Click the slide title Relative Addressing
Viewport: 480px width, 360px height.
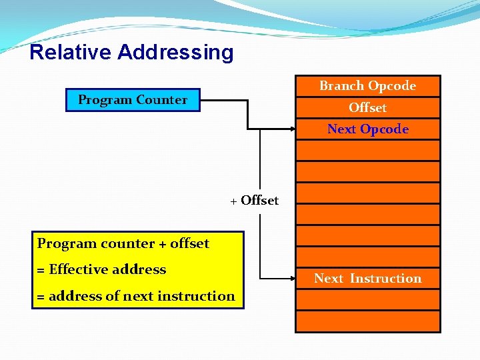pos(131,52)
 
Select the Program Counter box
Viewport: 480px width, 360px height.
pos(133,100)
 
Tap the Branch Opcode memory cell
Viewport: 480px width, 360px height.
pos(367,86)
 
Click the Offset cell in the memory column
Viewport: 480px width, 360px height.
pos(367,108)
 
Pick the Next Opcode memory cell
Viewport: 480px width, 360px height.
pos(367,129)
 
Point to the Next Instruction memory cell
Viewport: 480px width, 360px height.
pos(367,279)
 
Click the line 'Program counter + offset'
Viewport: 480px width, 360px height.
pos(123,244)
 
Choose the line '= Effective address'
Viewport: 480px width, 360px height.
pos(101,270)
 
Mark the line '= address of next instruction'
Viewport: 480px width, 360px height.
pos(136,296)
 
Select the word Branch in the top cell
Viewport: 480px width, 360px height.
pos(341,86)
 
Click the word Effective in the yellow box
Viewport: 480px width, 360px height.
pos(73,270)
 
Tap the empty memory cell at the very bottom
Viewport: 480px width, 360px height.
pos(367,321)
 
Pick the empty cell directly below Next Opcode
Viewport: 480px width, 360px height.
pos(367,150)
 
